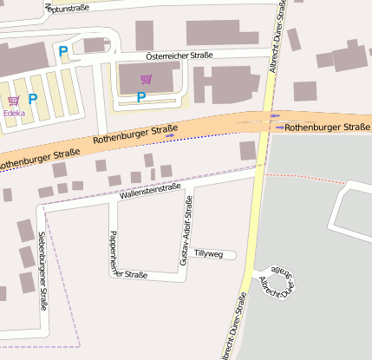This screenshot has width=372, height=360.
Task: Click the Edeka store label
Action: pyautogui.click(x=14, y=113)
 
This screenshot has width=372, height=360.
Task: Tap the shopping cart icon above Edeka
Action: pyautogui.click(x=14, y=101)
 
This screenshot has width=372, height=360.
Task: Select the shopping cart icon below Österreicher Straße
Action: pyautogui.click(x=146, y=80)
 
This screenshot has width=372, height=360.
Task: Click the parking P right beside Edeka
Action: pyautogui.click(x=33, y=100)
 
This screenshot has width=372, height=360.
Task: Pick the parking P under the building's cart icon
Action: pyautogui.click(x=140, y=97)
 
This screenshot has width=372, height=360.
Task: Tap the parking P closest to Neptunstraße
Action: pyautogui.click(x=62, y=52)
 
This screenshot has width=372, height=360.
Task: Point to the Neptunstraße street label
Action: pyautogui.click(x=62, y=7)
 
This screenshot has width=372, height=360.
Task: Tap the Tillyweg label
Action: pyautogui.click(x=208, y=254)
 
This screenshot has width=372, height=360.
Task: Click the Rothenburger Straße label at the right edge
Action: pyautogui.click(x=327, y=128)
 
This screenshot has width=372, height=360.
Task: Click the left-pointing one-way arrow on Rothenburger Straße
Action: pyautogui.click(x=171, y=135)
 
